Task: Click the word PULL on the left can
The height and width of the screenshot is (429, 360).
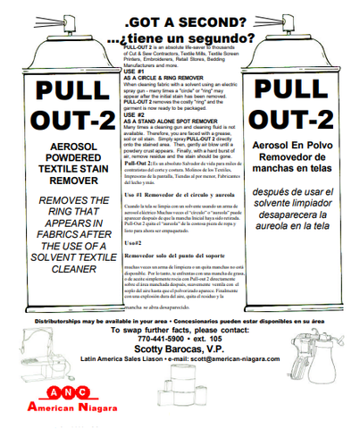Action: tap(62, 114)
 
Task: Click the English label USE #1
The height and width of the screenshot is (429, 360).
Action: tap(135, 71)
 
